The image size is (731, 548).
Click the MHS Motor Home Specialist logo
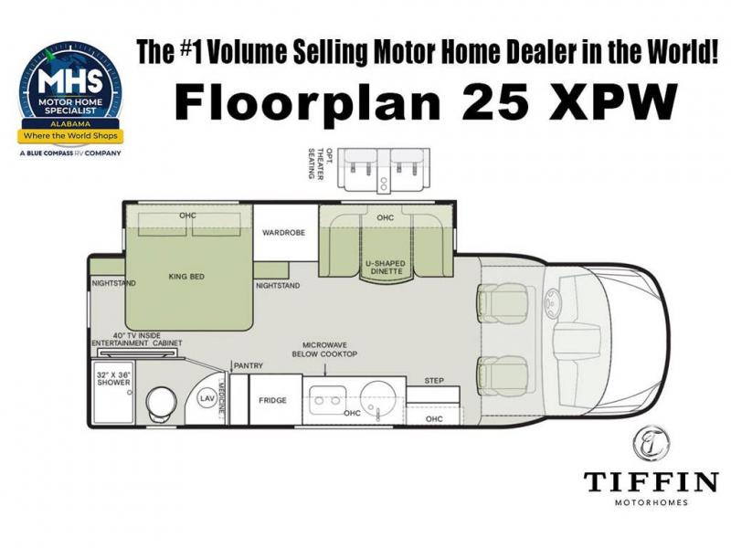pos(71,99)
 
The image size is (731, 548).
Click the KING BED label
pos(186,277)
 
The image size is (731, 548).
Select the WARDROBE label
pos(283,232)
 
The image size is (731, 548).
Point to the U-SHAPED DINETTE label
pos(385,267)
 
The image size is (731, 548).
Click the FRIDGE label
pos(272,400)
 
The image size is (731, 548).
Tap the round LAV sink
pos(207,398)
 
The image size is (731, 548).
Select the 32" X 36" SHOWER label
pos(113,378)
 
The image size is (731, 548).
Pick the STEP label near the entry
pos(434,381)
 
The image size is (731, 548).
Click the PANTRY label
pos(248,366)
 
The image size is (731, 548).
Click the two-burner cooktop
pos(327,399)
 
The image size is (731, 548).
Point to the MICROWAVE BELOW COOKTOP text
pos(324,350)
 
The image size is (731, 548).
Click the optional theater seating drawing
pos(383,170)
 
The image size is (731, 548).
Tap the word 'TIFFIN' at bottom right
pos(651,482)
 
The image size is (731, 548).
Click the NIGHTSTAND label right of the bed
pos(278,286)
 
